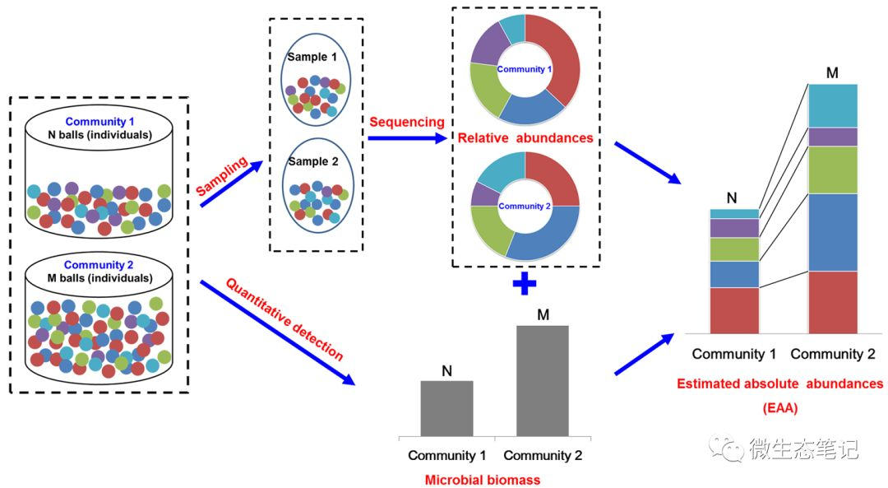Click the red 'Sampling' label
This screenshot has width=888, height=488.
tap(222, 176)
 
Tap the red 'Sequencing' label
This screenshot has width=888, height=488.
tap(406, 122)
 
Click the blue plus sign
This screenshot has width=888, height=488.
tap(524, 285)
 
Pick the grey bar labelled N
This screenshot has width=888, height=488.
tap(446, 408)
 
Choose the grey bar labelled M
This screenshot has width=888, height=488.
tap(542, 380)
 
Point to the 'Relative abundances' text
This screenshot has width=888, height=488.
tap(525, 138)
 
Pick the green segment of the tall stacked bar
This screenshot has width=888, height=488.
tap(833, 170)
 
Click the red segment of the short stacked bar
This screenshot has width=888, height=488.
tap(734, 310)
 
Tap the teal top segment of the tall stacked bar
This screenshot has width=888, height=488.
tap(833, 105)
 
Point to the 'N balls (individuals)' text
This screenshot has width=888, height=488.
tap(99, 134)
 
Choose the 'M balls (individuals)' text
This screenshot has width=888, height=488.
tap(99, 277)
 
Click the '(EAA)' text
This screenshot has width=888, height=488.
tap(779, 406)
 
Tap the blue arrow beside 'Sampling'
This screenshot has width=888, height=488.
tap(231, 185)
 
